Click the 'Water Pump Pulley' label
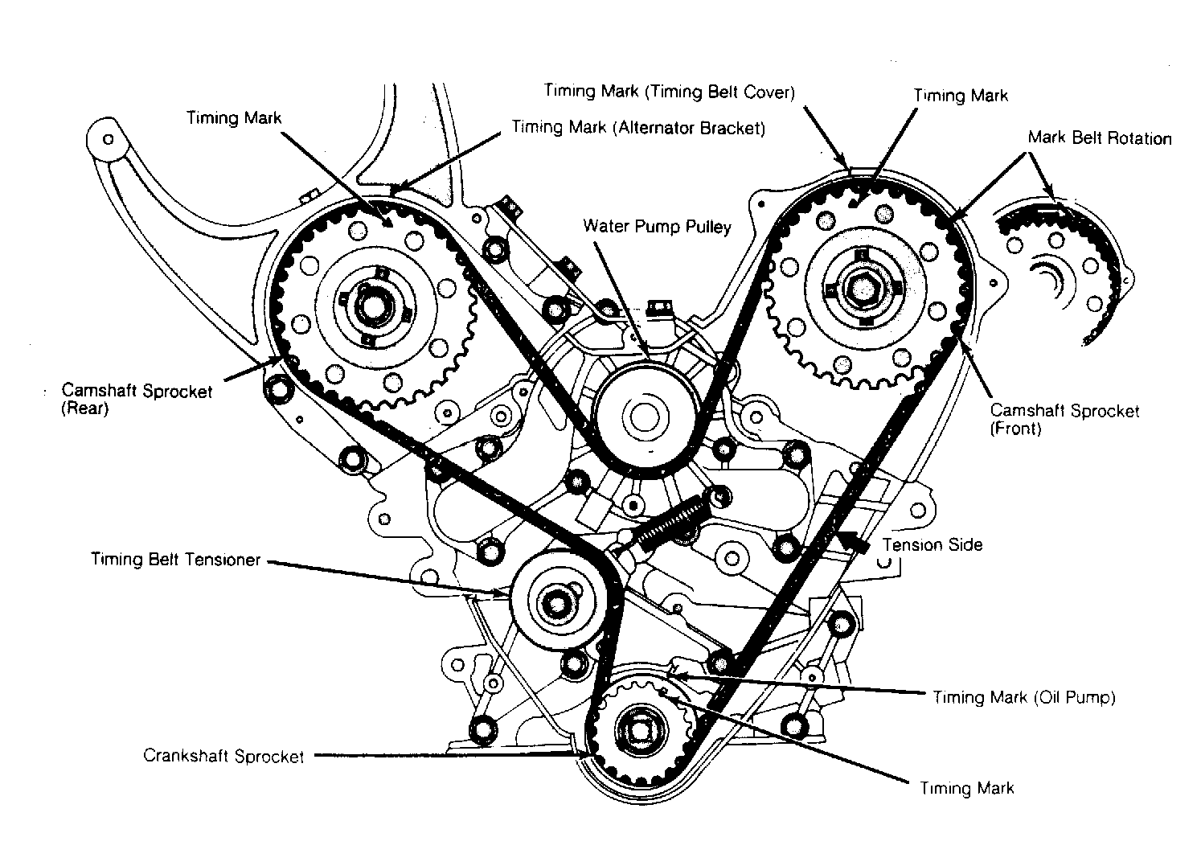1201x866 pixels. tap(657, 227)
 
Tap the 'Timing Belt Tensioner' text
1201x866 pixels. tap(175, 560)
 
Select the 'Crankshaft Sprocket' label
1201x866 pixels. tap(223, 756)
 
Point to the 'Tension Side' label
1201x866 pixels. tap(933, 545)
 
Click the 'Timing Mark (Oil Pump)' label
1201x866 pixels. tap(1024, 697)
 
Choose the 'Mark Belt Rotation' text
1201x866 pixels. tap(1100, 137)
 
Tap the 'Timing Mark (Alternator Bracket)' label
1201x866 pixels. tap(638, 128)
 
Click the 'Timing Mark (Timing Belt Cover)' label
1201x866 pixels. tap(669, 91)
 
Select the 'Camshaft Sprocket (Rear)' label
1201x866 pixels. tap(137, 400)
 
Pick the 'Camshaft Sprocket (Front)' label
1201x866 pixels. tap(1064, 419)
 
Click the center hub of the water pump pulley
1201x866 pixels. tap(645, 416)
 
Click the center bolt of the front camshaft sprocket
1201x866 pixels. tap(862, 289)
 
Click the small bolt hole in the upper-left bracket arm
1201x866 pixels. tap(109, 139)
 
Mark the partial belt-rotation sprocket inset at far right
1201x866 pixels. tap(1064, 271)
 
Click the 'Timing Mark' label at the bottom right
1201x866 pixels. tap(967, 788)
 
